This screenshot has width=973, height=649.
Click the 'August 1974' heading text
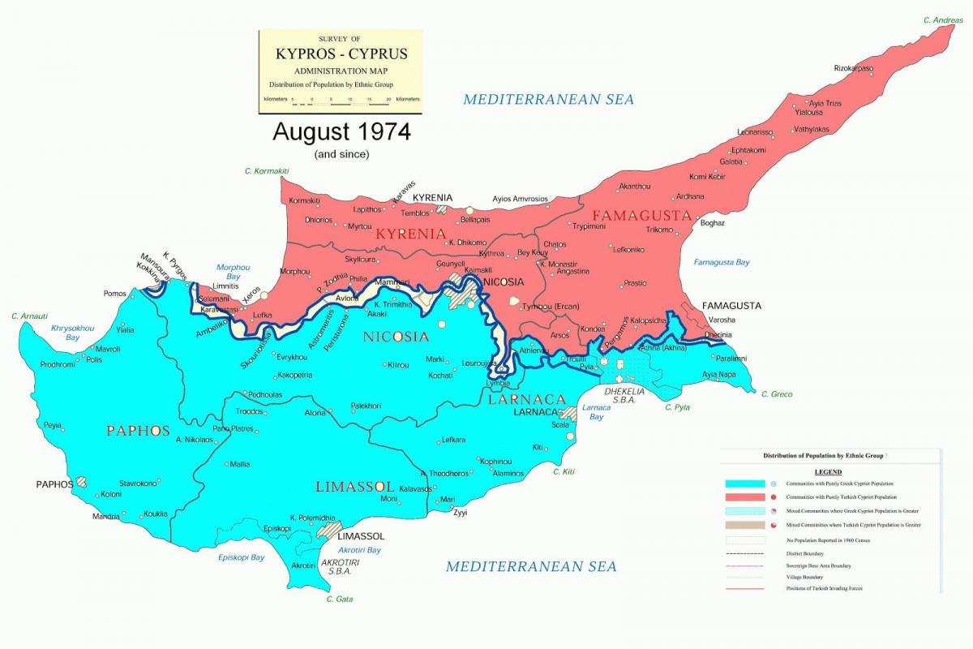[x=341, y=131]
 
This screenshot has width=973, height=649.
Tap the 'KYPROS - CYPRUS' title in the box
[x=340, y=55]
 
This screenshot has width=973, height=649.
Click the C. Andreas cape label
[x=943, y=20]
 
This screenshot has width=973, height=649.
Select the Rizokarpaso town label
[x=853, y=68]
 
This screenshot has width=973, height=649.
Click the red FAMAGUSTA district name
[x=641, y=216]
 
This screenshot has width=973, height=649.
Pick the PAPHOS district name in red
[x=138, y=431]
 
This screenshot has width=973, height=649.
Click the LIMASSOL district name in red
[x=354, y=487]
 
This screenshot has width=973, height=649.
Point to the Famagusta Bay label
[x=721, y=262]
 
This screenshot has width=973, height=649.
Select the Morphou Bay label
[x=233, y=272]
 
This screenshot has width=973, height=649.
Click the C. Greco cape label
[x=776, y=394]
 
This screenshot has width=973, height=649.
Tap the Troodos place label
[x=249, y=411]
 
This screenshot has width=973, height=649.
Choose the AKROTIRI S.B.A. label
[x=340, y=566]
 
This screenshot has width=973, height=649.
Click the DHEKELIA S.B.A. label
[x=624, y=395]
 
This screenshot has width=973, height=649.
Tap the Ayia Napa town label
[x=718, y=374]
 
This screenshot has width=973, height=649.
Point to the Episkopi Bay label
[x=241, y=557]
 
